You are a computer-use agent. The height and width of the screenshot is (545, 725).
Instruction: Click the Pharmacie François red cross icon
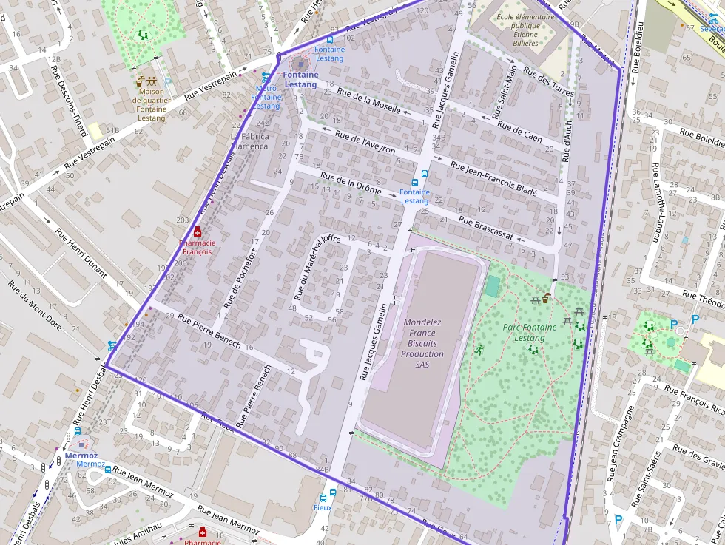tap(198, 231)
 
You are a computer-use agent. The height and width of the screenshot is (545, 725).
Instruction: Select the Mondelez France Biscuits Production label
tap(422, 343)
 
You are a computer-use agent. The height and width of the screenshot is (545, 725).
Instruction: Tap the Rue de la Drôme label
tap(351, 183)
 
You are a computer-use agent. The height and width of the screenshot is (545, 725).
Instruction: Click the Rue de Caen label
tap(519, 132)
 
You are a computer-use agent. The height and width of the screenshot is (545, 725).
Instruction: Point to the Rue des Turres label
tap(548, 81)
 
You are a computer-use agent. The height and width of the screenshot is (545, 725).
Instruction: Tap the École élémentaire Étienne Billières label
tap(525, 30)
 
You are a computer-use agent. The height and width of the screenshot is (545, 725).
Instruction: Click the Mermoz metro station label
tap(81, 456)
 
